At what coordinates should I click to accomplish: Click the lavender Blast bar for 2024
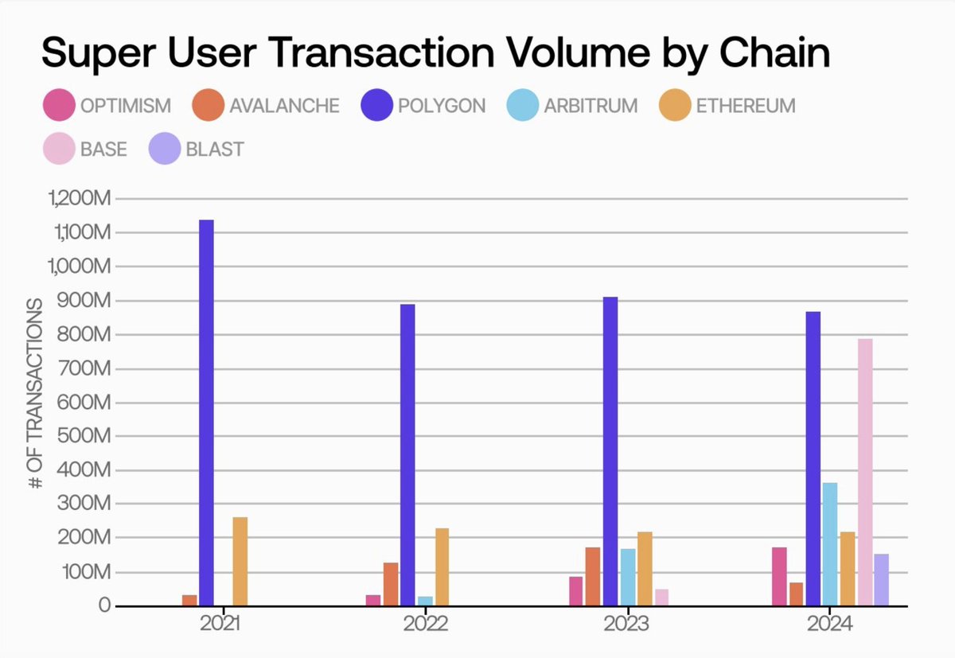(x=881, y=580)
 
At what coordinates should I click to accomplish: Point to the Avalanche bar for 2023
(x=593, y=577)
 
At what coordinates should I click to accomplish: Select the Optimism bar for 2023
(x=575, y=591)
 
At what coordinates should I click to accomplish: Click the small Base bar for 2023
(x=661, y=598)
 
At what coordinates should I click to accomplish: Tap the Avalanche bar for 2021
(x=189, y=600)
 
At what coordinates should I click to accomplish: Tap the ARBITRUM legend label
(x=591, y=106)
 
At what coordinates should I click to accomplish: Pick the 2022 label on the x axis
(x=425, y=625)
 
